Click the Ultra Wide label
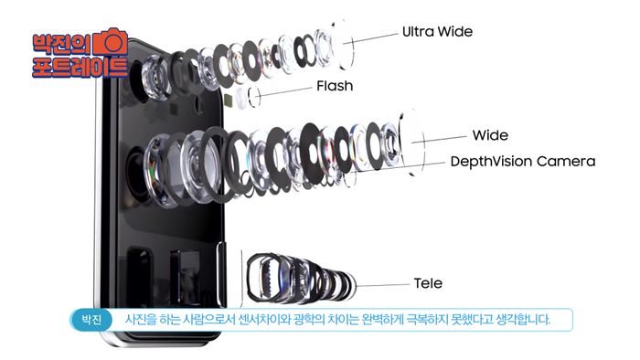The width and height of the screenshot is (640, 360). tap(437, 32)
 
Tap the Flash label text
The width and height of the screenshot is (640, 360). tap(335, 86)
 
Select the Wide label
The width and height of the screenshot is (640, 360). tap(490, 135)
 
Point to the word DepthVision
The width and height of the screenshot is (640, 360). tap(491, 162)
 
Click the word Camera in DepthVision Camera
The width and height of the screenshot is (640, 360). tap(566, 162)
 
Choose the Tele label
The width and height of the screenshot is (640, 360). tap(428, 283)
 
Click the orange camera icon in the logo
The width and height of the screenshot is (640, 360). tap(111, 42)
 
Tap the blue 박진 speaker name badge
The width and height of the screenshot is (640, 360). tap(91, 319)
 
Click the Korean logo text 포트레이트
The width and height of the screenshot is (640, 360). tap(80, 68)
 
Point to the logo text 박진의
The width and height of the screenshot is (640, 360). tap(62, 44)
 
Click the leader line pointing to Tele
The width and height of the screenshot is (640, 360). tap(382, 285)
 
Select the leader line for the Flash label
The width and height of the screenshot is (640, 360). tap(285, 91)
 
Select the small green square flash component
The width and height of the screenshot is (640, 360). tap(229, 100)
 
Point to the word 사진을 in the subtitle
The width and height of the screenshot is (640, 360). tap(140, 319)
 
